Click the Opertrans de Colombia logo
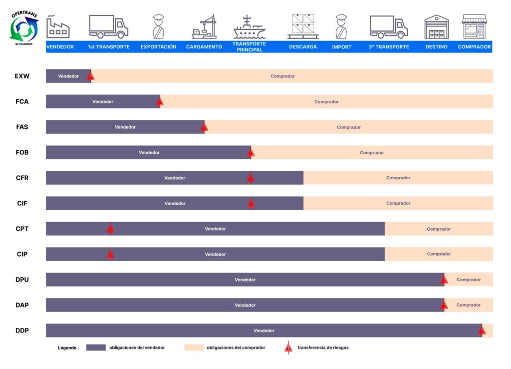pyautogui.click(x=24, y=28)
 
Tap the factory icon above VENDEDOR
pyautogui.click(x=58, y=27)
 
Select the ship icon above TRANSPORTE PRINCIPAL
pyautogui.click(x=250, y=27)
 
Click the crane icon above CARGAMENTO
pyautogui.click(x=204, y=27)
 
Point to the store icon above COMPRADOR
pyautogui.click(x=474, y=27)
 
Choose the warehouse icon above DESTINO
pyautogui.click(x=436, y=27)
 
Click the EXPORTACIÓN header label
pyautogui.click(x=158, y=47)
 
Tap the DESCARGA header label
pyautogui.click(x=303, y=47)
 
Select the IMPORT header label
pyautogui.click(x=341, y=47)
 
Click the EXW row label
pyautogui.click(x=22, y=76)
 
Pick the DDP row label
pyautogui.click(x=22, y=331)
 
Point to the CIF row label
pyautogui.click(x=22, y=203)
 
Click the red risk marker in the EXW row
pyautogui.click(x=91, y=76)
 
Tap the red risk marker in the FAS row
pyautogui.click(x=204, y=127)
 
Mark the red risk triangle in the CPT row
pyautogui.click(x=110, y=229)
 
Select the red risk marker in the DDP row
pyautogui.click(x=482, y=331)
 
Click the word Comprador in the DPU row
pyautogui.click(x=469, y=280)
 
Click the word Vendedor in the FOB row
pyautogui.click(x=149, y=153)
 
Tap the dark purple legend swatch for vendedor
pyautogui.click(x=96, y=348)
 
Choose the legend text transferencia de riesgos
pyautogui.click(x=323, y=348)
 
